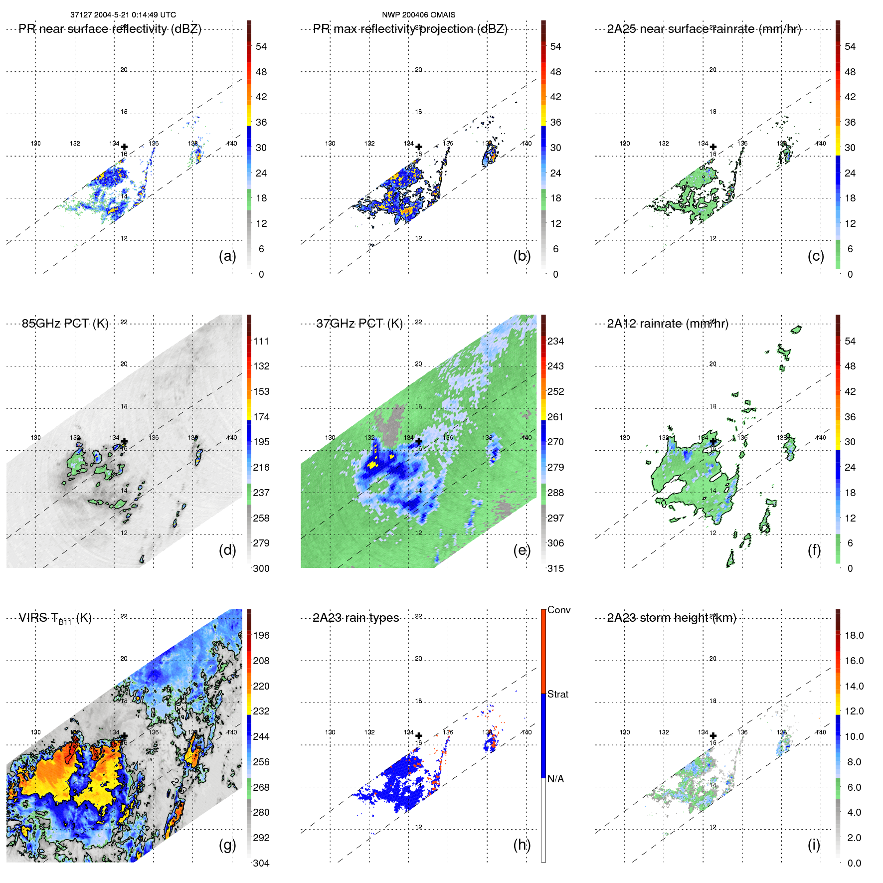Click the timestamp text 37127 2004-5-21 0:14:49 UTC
(x=123, y=15)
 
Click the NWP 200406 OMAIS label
(x=418, y=15)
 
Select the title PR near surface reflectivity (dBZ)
(x=110, y=29)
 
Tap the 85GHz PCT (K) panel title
(x=65, y=324)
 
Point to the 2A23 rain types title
(x=355, y=618)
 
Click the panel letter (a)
(x=227, y=256)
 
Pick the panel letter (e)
(x=522, y=550)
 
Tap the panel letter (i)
(x=814, y=845)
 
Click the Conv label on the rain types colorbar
(x=558, y=610)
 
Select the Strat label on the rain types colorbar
(x=557, y=694)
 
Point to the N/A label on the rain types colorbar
(x=555, y=779)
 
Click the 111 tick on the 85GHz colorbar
(x=261, y=341)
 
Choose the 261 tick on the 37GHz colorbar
(x=555, y=417)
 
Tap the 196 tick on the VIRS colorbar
(x=261, y=635)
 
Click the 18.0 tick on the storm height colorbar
(x=854, y=635)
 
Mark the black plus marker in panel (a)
(x=124, y=147)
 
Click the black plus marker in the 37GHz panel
(x=419, y=441)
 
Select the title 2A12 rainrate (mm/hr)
(x=667, y=324)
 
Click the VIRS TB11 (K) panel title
(x=55, y=618)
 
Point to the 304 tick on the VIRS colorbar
(x=261, y=863)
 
